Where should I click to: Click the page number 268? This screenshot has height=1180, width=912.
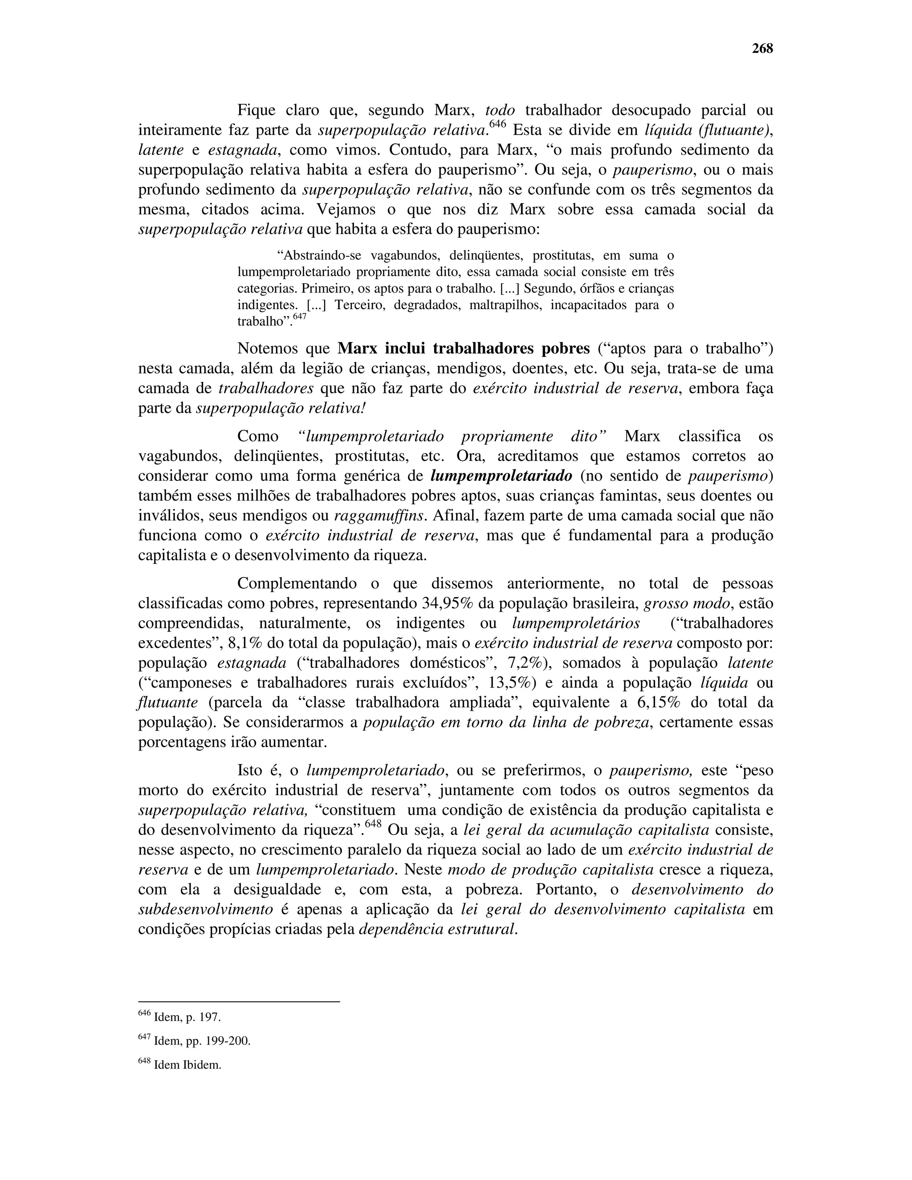pos(762,49)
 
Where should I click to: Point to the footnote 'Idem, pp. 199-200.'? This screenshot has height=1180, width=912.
pos(202,1041)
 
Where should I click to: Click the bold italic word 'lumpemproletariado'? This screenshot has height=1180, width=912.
pos(501,476)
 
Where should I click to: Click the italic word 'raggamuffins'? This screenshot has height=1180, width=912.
pos(381,516)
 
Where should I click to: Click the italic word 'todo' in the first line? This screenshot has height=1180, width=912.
pos(500,110)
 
